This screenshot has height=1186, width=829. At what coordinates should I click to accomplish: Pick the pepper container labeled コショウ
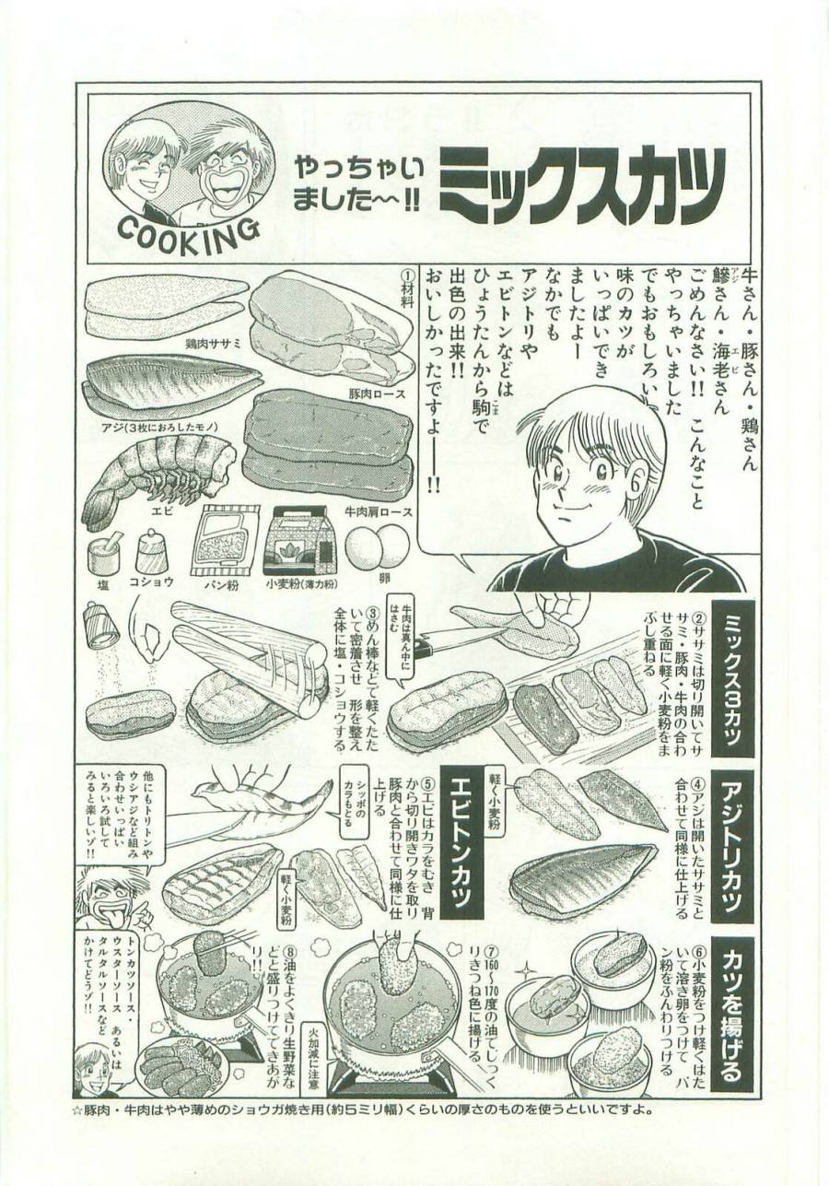pyautogui.click(x=150, y=551)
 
